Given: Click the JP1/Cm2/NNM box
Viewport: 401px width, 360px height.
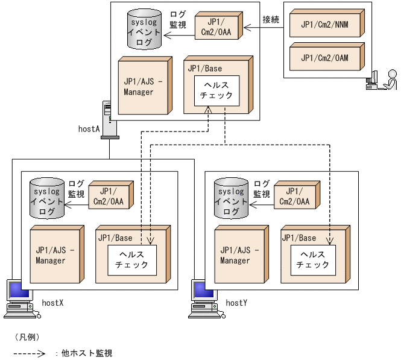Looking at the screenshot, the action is pos(327,24).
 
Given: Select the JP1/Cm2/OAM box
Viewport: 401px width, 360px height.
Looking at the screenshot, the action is pos(327,57).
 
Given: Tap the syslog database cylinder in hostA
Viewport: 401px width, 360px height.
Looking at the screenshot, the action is pos(144,29).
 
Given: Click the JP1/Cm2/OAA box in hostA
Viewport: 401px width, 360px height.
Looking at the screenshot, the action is pos(218,25).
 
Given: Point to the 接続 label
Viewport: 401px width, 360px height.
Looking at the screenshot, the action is pos(271,19).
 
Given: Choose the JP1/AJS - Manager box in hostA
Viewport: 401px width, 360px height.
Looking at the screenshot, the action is pos(145,86).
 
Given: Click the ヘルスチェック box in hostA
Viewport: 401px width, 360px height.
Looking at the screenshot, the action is pos(216,90).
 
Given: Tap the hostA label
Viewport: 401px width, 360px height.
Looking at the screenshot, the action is pos(89,129).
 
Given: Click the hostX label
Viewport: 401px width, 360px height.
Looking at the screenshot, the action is pos(52,303).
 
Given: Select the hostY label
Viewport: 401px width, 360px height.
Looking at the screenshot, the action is pos(236,303).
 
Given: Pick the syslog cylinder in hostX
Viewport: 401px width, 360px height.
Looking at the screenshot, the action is pos(47,198).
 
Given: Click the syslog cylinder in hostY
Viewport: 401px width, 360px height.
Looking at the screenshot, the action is pos(231,198).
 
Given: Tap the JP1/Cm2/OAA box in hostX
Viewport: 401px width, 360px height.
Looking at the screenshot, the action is pos(111,195).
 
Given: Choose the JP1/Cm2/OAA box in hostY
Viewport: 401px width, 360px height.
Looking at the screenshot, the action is pos(297,195).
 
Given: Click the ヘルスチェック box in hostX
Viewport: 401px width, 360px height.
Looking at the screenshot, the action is pos(132,260).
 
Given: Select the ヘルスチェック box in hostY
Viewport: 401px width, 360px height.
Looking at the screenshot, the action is pos(313,260).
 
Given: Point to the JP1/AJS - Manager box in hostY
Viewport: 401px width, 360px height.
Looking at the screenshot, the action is pos(241,254).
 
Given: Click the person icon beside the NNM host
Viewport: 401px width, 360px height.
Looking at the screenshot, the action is pos(389,80).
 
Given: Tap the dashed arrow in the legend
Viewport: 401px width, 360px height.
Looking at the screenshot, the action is pos(30,353).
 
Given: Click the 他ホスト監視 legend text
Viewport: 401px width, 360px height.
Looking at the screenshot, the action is pos(87,353).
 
